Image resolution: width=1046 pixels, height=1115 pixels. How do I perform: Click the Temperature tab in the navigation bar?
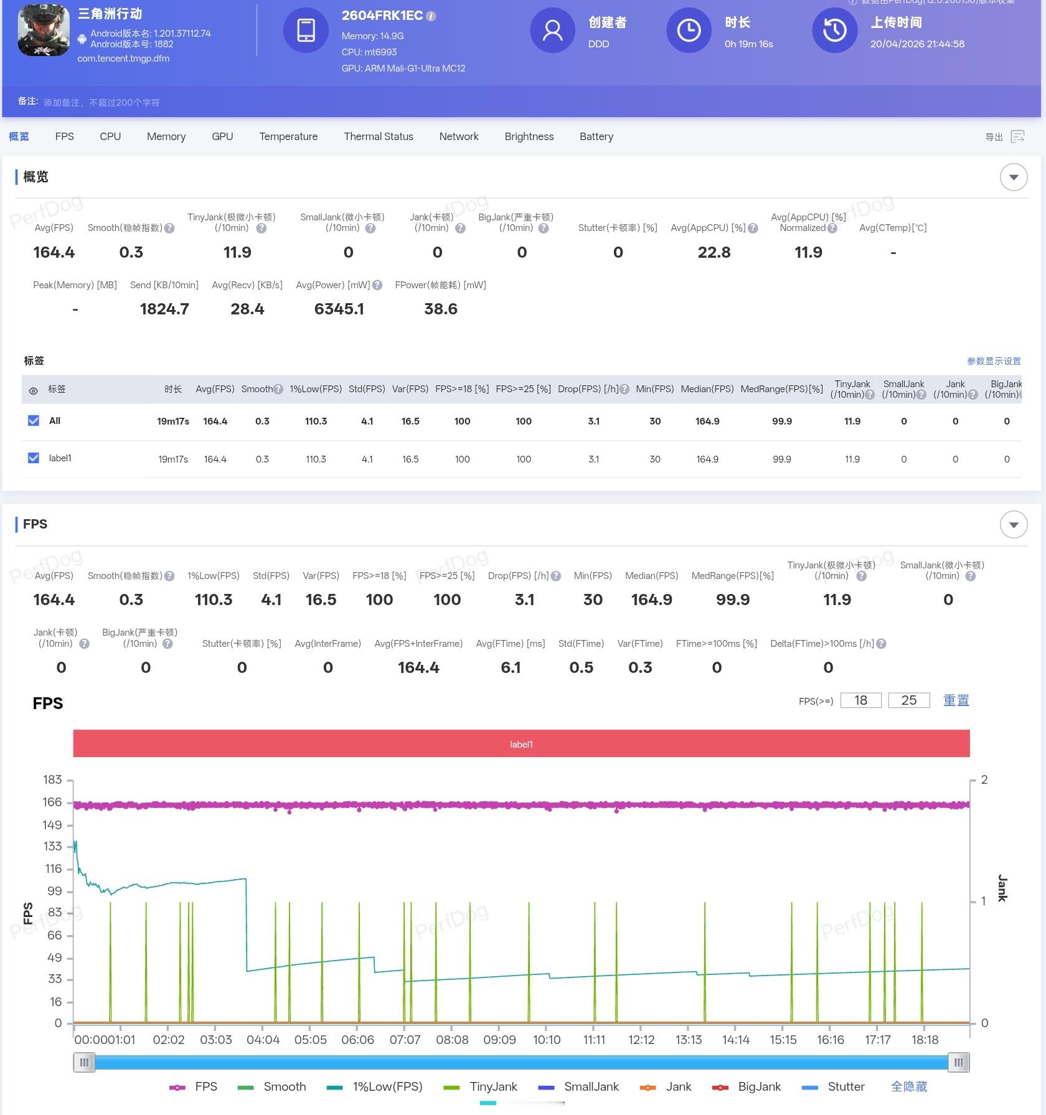pyautogui.click(x=288, y=136)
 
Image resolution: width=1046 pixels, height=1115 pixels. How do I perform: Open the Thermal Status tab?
pyautogui.click(x=378, y=136)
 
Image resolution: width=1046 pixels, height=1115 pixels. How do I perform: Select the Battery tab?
pyautogui.click(x=596, y=136)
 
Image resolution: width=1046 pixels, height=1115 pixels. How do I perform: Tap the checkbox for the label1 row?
pyautogui.click(x=34, y=458)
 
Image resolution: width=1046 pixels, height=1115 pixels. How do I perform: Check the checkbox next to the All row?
pyautogui.click(x=34, y=421)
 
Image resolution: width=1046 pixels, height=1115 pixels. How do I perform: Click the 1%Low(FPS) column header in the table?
pyautogui.click(x=316, y=389)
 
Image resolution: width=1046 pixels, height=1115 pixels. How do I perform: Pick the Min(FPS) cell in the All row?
pyautogui.click(x=655, y=421)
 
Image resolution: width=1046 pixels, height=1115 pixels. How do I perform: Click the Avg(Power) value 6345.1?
pyautogui.click(x=339, y=309)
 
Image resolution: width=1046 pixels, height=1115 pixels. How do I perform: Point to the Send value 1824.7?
pyautogui.click(x=164, y=309)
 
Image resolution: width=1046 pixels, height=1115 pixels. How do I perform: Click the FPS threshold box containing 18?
pyautogui.click(x=860, y=700)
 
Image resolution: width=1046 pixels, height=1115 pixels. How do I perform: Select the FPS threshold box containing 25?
pyautogui.click(x=908, y=700)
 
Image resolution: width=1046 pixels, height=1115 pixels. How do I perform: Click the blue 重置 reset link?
pyautogui.click(x=956, y=700)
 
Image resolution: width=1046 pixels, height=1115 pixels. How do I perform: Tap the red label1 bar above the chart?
pyautogui.click(x=521, y=744)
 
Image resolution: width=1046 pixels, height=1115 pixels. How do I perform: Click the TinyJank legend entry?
pyautogui.click(x=481, y=1086)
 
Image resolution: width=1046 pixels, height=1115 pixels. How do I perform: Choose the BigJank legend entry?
pyautogui.click(x=747, y=1086)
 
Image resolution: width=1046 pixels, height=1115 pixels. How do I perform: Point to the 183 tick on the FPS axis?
pyautogui.click(x=53, y=779)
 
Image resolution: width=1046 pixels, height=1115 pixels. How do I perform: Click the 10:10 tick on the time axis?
pyautogui.click(x=547, y=1040)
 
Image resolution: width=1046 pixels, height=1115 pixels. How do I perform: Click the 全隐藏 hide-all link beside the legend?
pyautogui.click(x=908, y=1086)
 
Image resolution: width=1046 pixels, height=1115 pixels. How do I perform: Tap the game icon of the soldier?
pyautogui.click(x=44, y=31)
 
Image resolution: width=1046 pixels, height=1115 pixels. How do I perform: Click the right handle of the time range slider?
pyautogui.click(x=958, y=1062)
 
